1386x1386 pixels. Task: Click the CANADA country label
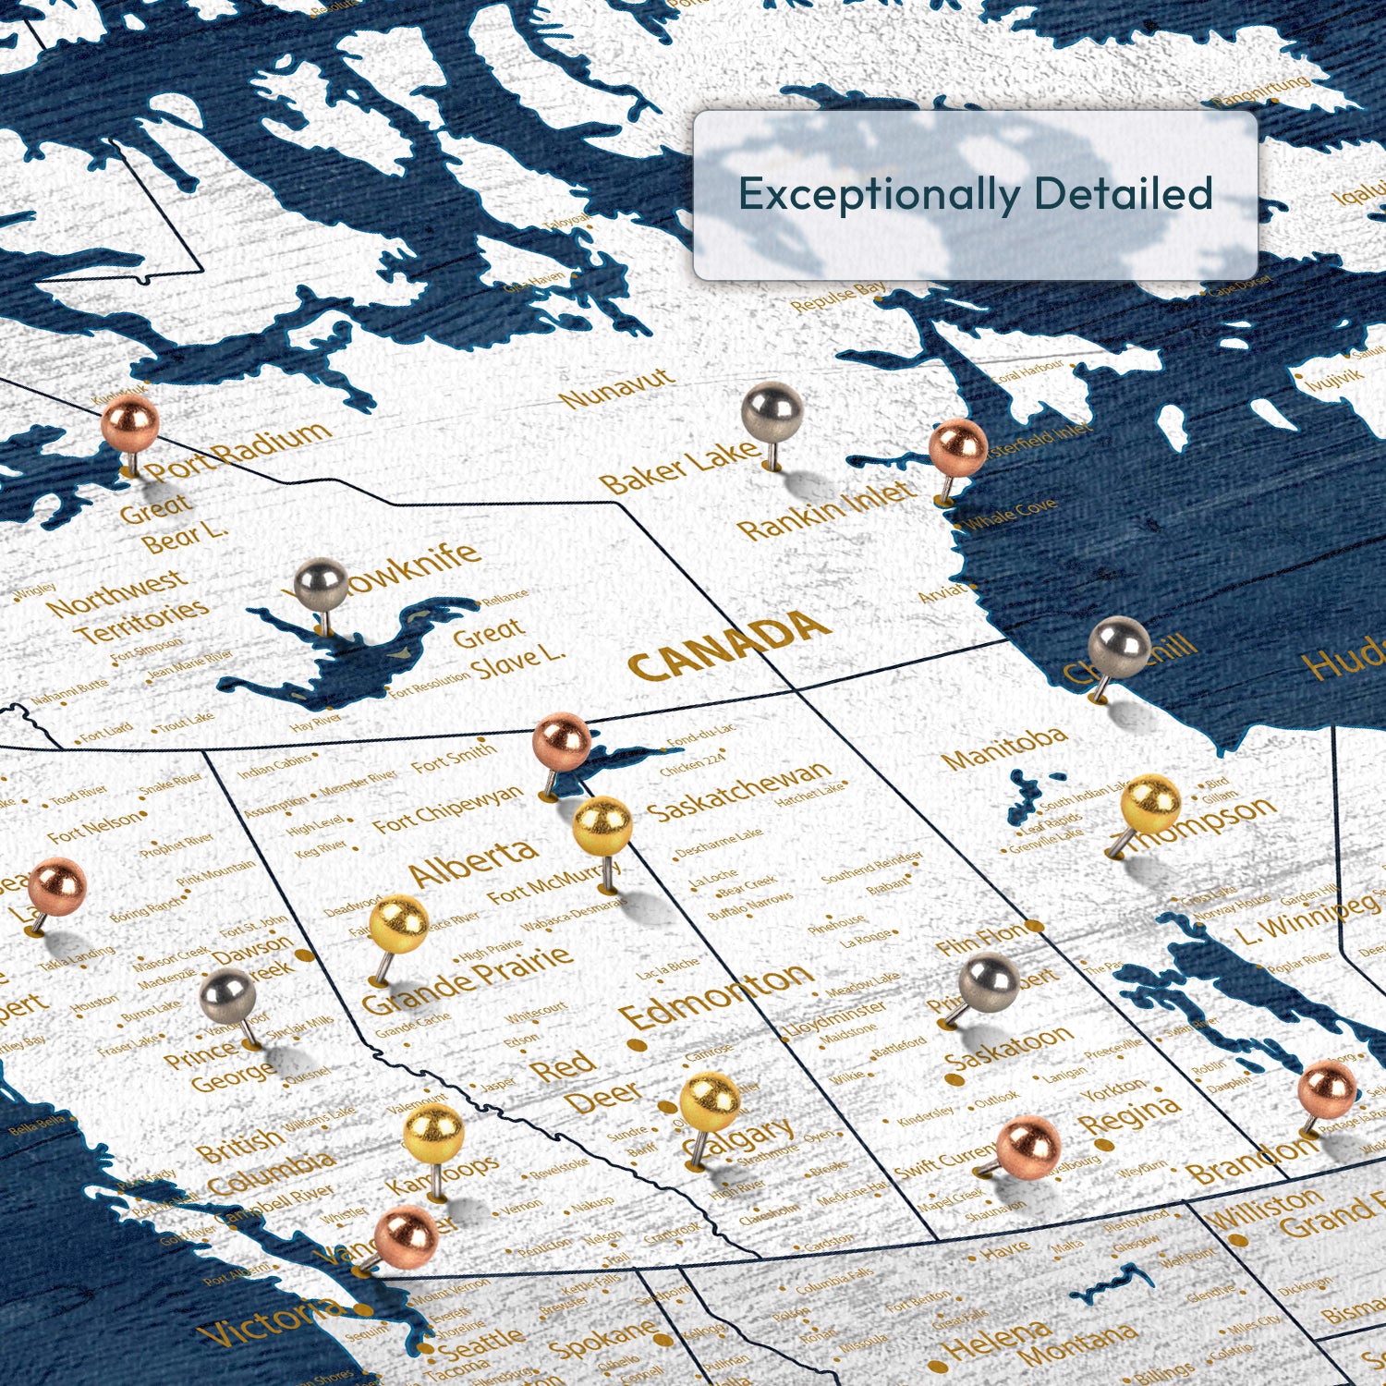coord(727,646)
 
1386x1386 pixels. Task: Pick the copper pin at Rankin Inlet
coord(957,448)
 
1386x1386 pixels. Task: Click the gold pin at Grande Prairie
coord(398,925)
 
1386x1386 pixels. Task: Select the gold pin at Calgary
coord(710,1101)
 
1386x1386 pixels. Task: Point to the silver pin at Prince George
coord(227,997)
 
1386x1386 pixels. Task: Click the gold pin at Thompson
coord(1150,803)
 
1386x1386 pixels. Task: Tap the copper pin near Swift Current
coord(1027,1147)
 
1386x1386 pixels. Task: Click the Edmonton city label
coord(716,997)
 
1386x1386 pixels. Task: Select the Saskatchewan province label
coord(739,791)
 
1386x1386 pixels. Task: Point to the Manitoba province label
coord(1005,748)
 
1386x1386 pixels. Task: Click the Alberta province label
coord(473,861)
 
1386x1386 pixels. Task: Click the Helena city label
coord(995,1343)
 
